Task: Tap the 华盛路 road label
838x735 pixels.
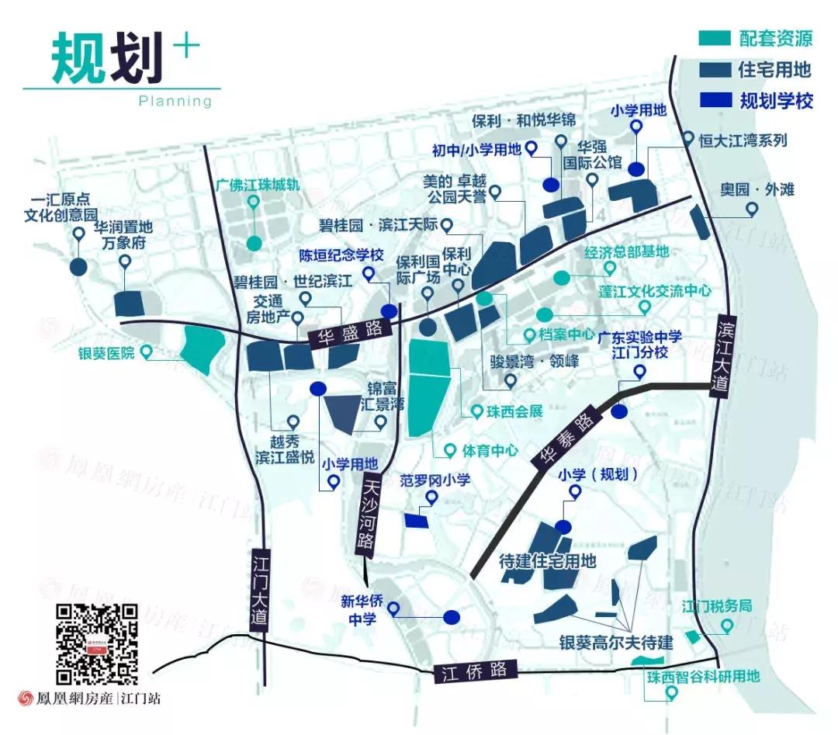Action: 348,332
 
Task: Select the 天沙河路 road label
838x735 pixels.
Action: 369,513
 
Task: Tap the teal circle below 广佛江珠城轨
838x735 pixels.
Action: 254,242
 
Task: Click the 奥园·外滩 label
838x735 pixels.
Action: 751,190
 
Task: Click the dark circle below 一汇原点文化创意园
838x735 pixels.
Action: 78,266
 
